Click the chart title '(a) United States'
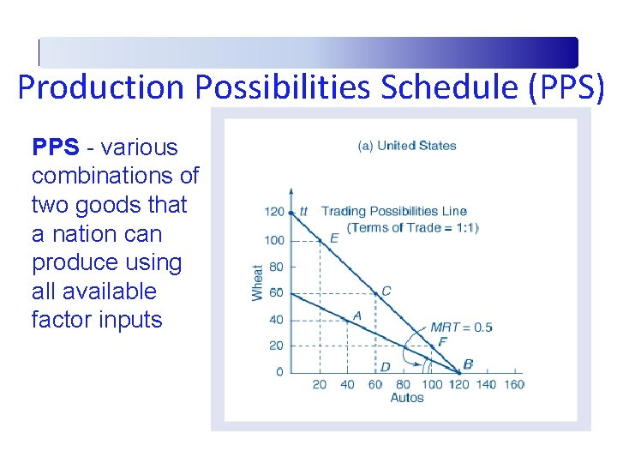[406, 146]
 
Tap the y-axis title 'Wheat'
[258, 281]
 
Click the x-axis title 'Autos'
[407, 398]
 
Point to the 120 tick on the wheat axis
[273, 212]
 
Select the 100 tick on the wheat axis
[273, 240]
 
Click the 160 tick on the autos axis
[513, 384]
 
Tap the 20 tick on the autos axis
[319, 384]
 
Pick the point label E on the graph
[334, 238]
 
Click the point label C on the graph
[386, 292]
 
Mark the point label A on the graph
[357, 316]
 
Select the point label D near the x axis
[386, 367]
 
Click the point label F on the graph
[442, 342]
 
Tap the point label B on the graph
[468, 365]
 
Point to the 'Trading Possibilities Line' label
[393, 212]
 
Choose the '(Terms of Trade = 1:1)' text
[412, 227]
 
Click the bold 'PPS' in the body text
[55, 147]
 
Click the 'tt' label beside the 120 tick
[303, 212]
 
